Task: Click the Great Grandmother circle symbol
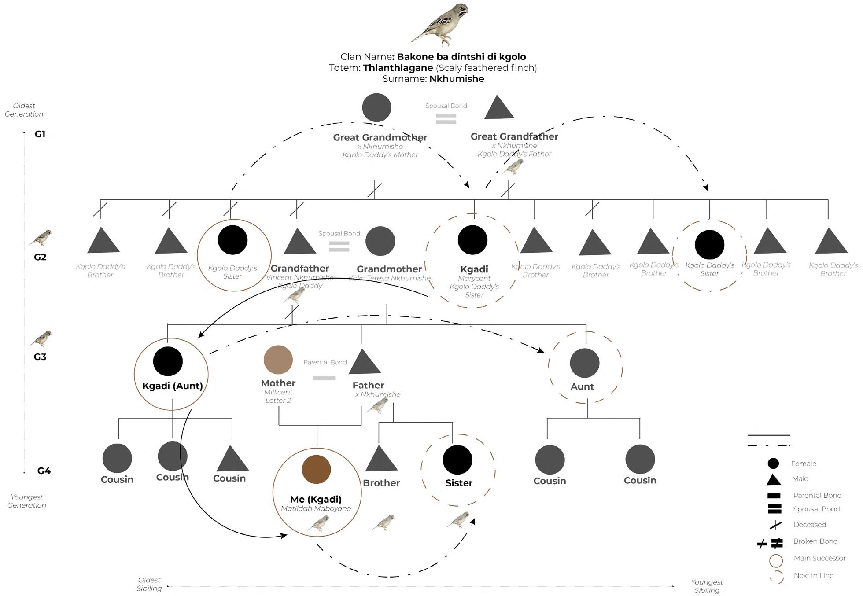[376, 108]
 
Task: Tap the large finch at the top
[440, 24]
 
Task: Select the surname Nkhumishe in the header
[457, 79]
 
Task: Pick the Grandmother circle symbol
[380, 241]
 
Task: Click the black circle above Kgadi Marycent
[472, 240]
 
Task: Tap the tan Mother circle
[278, 360]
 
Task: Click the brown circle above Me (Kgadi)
[316, 470]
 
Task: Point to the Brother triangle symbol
[381, 460]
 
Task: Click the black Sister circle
[457, 460]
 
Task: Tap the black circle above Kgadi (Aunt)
[168, 361]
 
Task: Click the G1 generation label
[40, 134]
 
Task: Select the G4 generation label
[44, 471]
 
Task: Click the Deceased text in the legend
[809, 525]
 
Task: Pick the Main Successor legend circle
[775, 561]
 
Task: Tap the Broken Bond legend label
[815, 541]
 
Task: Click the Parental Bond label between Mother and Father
[325, 362]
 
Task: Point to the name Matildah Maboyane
[316, 509]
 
